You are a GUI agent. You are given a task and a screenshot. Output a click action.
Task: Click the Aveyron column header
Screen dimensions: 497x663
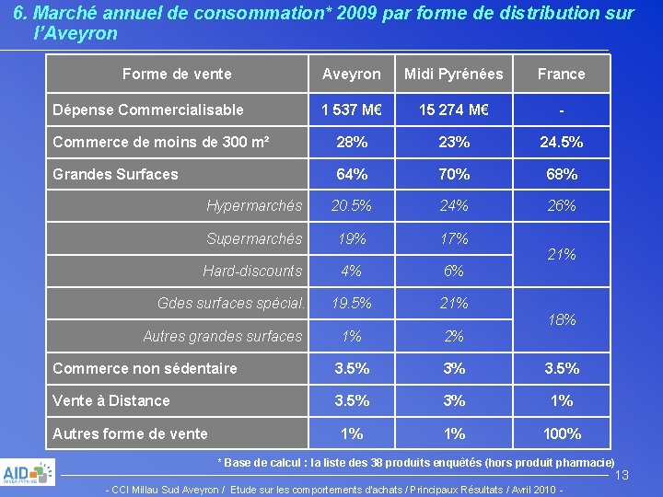(x=351, y=74)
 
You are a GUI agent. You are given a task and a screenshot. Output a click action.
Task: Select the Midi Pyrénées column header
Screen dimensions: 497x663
(x=454, y=74)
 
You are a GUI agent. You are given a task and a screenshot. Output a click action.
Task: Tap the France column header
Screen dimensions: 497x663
(x=561, y=74)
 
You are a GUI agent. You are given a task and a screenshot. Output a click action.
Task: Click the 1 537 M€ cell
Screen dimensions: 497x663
(x=351, y=110)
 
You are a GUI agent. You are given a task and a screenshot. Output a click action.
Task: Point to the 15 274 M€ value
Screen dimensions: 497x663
(x=454, y=110)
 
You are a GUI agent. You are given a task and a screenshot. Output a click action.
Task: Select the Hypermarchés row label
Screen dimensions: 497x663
(x=254, y=205)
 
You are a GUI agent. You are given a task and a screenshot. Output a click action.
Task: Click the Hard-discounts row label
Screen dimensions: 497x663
(x=252, y=271)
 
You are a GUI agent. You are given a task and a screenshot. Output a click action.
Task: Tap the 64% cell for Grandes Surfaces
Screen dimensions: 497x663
(x=351, y=174)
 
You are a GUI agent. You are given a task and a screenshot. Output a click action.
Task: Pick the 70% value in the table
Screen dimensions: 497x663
(x=454, y=174)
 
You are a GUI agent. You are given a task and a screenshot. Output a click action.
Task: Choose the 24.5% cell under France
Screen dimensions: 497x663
(x=561, y=143)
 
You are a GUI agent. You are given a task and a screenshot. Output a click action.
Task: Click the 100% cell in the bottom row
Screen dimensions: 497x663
(x=561, y=433)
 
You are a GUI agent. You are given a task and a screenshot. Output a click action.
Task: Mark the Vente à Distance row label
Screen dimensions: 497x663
(x=111, y=400)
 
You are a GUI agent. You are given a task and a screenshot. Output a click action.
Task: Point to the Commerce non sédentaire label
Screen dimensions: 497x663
(x=145, y=368)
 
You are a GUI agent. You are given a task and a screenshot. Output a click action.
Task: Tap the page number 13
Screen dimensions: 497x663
(x=622, y=475)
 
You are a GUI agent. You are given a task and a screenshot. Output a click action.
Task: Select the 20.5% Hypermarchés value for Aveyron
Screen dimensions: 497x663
(x=351, y=205)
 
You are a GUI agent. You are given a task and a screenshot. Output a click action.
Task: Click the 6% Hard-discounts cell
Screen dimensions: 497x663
(x=454, y=271)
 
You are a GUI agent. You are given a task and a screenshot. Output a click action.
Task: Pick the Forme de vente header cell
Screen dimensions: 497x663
(x=177, y=74)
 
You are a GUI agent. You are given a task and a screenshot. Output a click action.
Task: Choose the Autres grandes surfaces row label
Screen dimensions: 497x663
(x=222, y=336)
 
